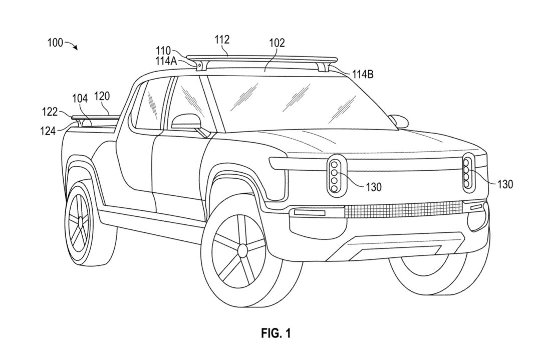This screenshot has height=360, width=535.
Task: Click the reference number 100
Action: tap(55, 43)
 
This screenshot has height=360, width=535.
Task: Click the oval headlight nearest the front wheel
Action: tap(335, 176)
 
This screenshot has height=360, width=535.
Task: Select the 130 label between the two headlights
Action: tap(373, 187)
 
